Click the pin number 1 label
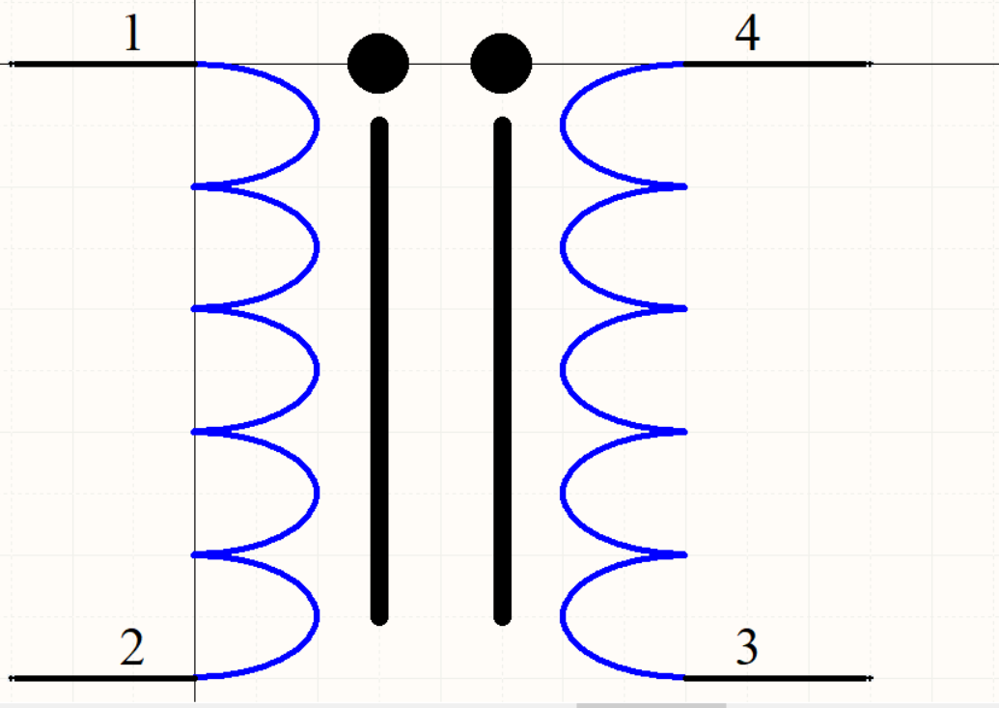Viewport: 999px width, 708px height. pyautogui.click(x=132, y=35)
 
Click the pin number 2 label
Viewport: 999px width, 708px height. pyautogui.click(x=132, y=648)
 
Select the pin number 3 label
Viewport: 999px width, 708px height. pyautogui.click(x=747, y=648)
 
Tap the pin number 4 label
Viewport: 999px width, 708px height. pyautogui.click(x=747, y=35)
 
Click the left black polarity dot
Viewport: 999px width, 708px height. pyautogui.click(x=378, y=64)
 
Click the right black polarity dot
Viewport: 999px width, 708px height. pyautogui.click(x=501, y=64)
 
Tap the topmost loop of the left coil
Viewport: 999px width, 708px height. pyautogui.click(x=316, y=125)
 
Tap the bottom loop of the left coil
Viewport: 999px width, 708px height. pyautogui.click(x=316, y=615)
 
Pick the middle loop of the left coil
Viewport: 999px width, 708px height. pyautogui.click(x=317, y=370)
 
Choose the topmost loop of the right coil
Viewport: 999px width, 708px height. pyautogui.click(x=563, y=125)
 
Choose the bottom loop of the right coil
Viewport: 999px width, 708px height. pyautogui.click(x=563, y=615)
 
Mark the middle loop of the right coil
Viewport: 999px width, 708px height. pyautogui.click(x=563, y=370)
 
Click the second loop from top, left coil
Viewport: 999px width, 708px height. pyautogui.click(x=317, y=247)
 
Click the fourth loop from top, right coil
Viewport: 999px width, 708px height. pyautogui.click(x=563, y=493)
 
